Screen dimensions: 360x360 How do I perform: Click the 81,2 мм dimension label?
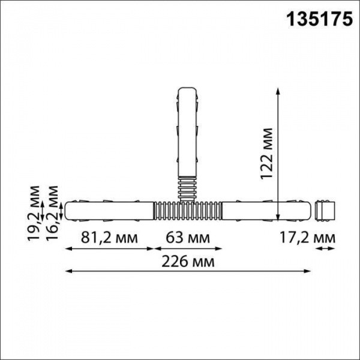click(109, 238)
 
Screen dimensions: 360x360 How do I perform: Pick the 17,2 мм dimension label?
click(308, 238)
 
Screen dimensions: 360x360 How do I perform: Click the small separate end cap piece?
click(325, 210)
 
